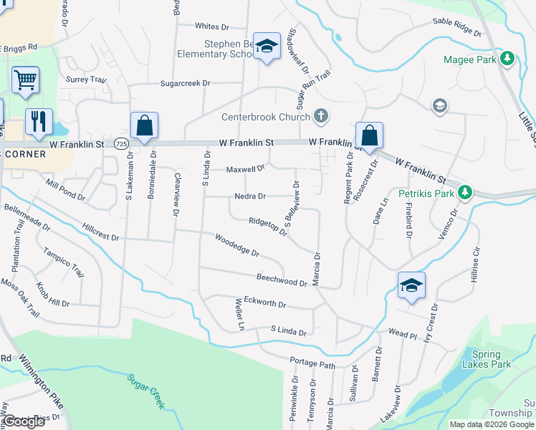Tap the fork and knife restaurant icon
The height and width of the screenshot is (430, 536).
click(x=37, y=120)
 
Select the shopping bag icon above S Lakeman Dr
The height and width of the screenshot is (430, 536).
click(x=144, y=125)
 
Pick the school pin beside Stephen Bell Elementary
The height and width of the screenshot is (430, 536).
click(x=267, y=47)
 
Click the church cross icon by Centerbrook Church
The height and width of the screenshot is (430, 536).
click(x=321, y=116)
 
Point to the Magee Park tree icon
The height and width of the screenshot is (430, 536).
click(x=508, y=58)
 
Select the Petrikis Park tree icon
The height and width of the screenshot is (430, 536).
click(x=465, y=192)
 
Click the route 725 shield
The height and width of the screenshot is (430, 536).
click(x=120, y=143)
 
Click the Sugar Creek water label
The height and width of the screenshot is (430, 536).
click(x=147, y=392)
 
